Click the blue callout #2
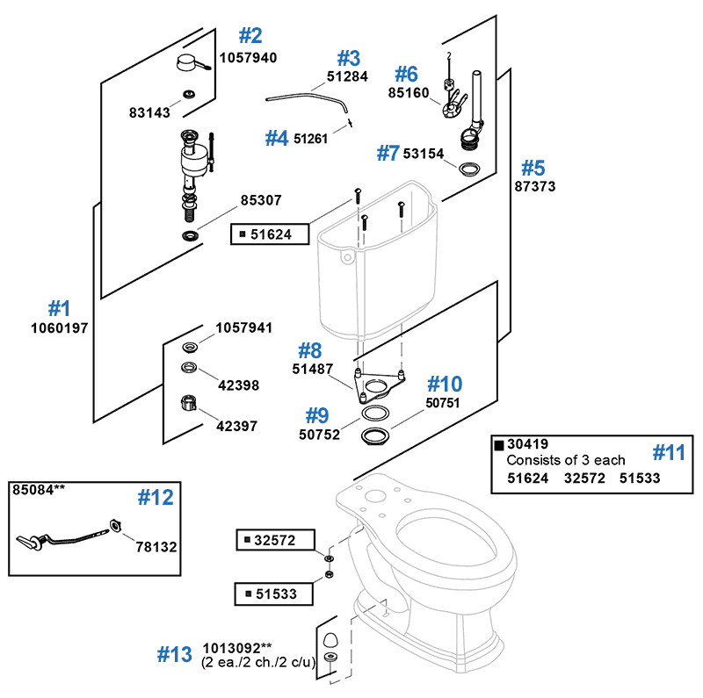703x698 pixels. pos(250,35)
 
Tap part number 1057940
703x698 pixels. pos(248,58)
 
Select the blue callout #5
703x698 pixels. pos(533,167)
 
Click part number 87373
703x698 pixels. pos(534,187)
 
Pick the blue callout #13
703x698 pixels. pos(174,654)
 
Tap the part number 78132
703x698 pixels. pos(156,546)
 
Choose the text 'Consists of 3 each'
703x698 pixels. pos(566,460)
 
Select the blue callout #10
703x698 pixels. pos(444,384)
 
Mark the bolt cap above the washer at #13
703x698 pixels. pos(330,638)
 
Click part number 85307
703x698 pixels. pos(261,200)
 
